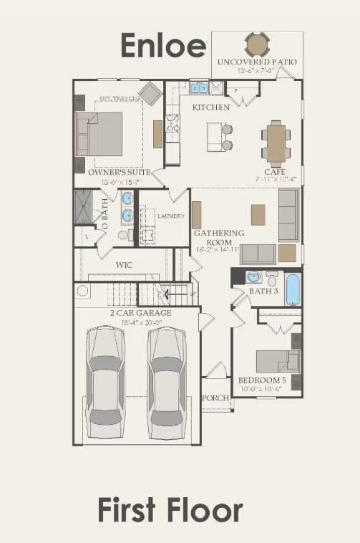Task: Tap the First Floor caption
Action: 170,511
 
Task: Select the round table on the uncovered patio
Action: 258,45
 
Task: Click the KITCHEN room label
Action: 210,107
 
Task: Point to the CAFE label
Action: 274,172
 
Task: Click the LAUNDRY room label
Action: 170,216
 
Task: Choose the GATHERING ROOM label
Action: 219,237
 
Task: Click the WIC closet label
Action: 124,264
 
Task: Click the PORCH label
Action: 215,398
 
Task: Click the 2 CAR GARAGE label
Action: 140,313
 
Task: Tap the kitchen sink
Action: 198,89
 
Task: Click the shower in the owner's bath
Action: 84,207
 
